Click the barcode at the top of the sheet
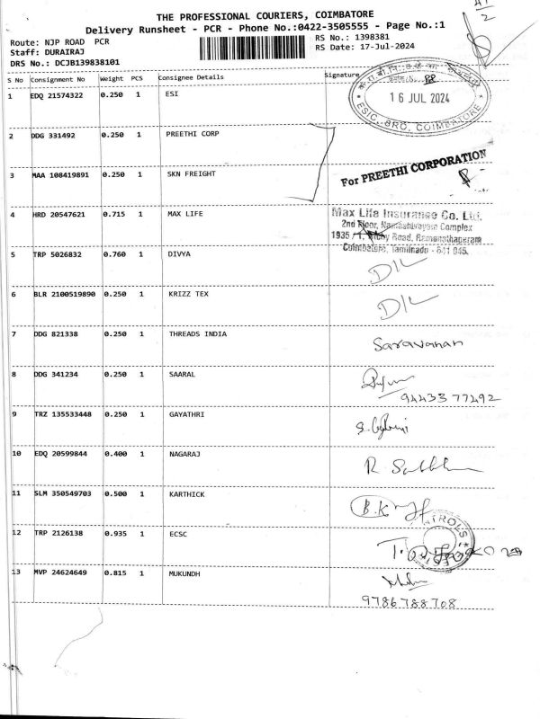(261, 47)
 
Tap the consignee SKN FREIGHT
(191, 173)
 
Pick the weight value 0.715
(113, 215)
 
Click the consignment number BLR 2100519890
(64, 295)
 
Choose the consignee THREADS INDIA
(198, 334)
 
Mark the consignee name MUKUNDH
(183, 573)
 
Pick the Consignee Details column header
(191, 78)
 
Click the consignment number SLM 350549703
(62, 493)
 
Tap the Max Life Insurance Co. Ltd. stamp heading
(406, 216)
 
